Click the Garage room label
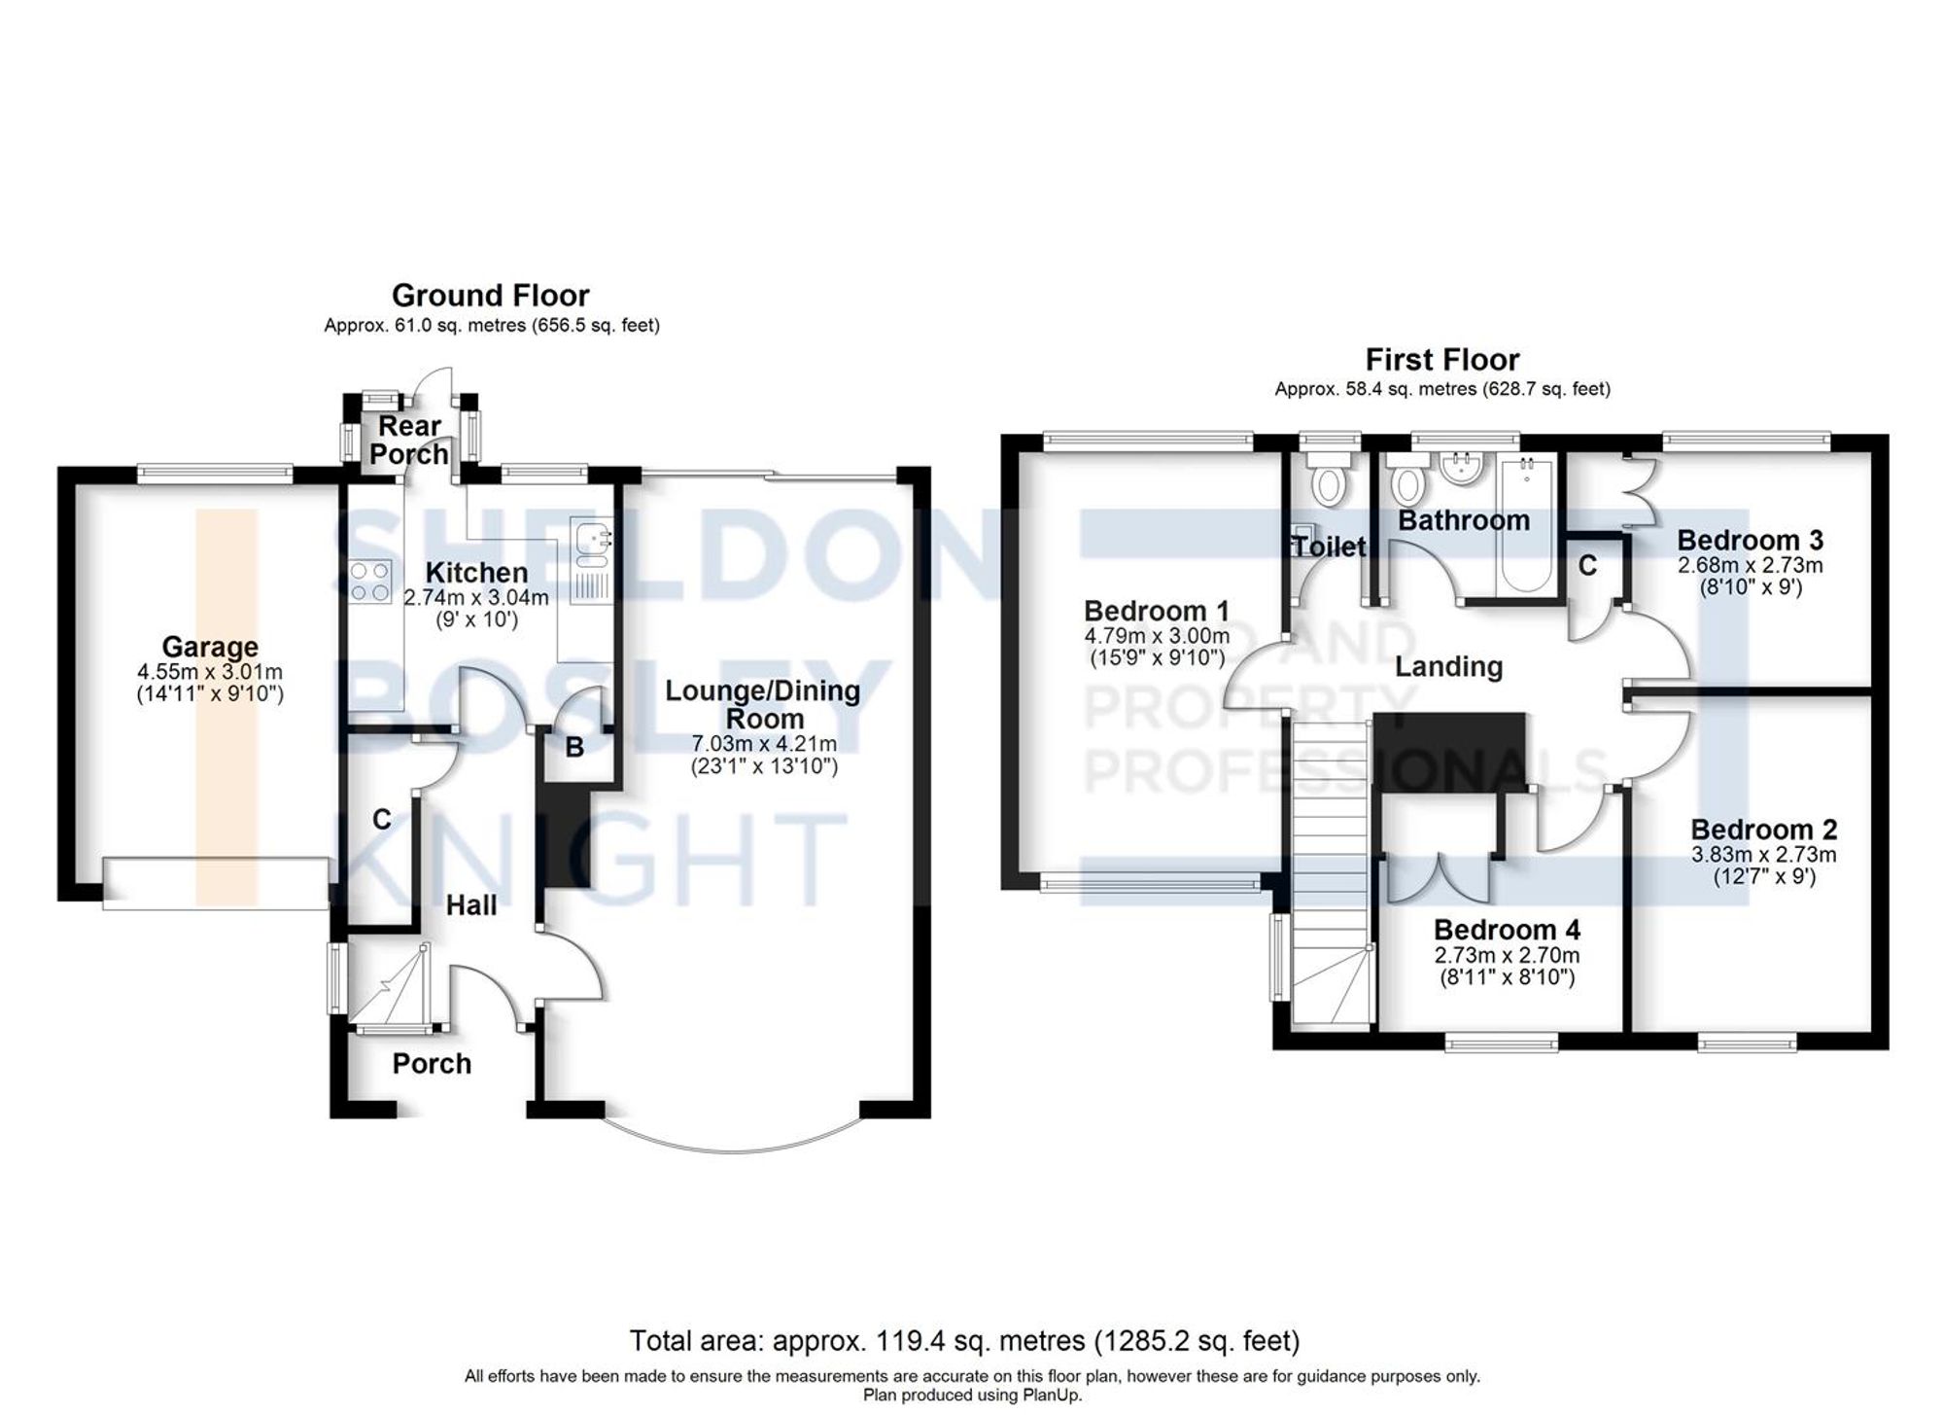[x=210, y=647]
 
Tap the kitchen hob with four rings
[x=370, y=581]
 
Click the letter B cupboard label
[x=574, y=747]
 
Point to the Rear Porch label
[x=409, y=440]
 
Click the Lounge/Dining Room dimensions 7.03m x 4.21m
[x=764, y=744]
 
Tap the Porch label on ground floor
[x=432, y=1064]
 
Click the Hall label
[x=471, y=905]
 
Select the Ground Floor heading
[x=490, y=295]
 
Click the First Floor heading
[x=1441, y=360]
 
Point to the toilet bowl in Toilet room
[x=1327, y=483]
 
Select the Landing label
[x=1448, y=666]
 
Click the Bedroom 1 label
[x=1156, y=611]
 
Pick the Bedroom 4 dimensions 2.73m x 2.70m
[x=1507, y=955]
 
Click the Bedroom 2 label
[x=1763, y=830]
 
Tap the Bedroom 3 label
[x=1750, y=540]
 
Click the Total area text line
[x=964, y=1341]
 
